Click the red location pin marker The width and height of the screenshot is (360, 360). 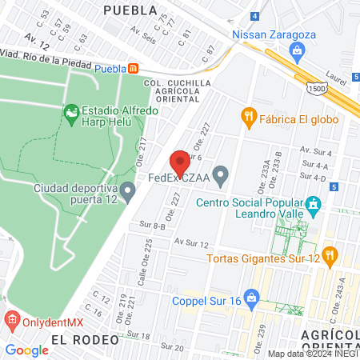tap(180, 159)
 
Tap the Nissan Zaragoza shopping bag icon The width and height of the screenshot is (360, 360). tap(298, 53)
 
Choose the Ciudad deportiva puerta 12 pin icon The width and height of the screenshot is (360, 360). tap(127, 190)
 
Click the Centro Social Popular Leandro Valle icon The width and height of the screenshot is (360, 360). tap(314, 205)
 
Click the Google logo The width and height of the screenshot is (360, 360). tap(26, 350)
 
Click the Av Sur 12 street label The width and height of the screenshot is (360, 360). tap(191, 242)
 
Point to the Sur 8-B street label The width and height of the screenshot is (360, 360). tap(152, 227)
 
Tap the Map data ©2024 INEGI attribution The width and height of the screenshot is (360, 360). tap(313, 354)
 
